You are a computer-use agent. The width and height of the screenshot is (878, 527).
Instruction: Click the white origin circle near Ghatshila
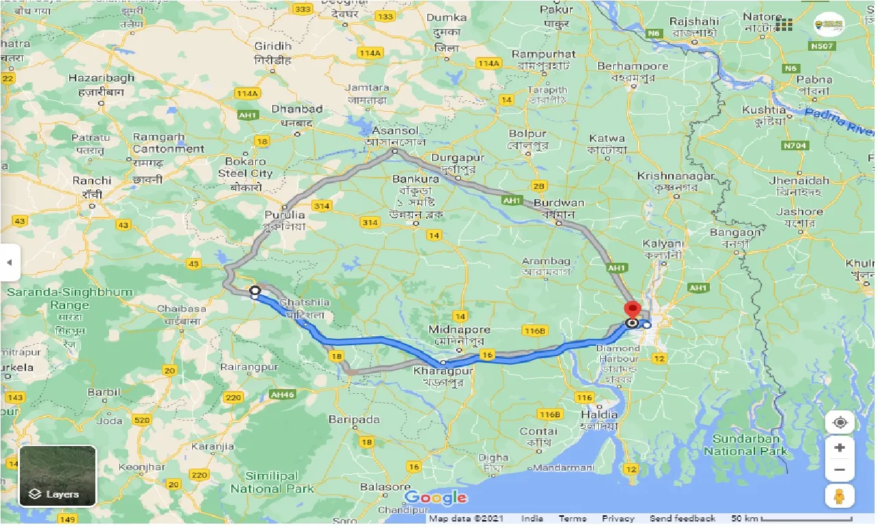tap(254, 292)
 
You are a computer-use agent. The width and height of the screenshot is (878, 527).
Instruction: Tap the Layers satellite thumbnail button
tap(58, 476)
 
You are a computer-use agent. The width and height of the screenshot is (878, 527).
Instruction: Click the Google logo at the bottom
tap(436, 497)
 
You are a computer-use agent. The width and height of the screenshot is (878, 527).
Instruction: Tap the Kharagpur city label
tap(438, 371)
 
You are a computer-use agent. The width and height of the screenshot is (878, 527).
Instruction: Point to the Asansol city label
tap(396, 130)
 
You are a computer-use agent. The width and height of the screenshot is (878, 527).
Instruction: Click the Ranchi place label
tap(86, 183)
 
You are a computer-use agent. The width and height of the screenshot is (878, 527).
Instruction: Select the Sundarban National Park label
tap(746, 445)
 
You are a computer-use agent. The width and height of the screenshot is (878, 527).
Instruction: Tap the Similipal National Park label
tap(272, 482)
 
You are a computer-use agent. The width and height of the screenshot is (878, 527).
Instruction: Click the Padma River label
tap(840, 121)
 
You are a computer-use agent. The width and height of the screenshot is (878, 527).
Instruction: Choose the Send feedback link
tap(682, 519)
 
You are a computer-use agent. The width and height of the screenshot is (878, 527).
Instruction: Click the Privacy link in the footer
tap(619, 519)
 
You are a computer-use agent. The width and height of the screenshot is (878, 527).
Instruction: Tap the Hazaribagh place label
tap(100, 78)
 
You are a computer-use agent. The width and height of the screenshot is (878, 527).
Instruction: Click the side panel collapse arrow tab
tap(10, 262)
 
